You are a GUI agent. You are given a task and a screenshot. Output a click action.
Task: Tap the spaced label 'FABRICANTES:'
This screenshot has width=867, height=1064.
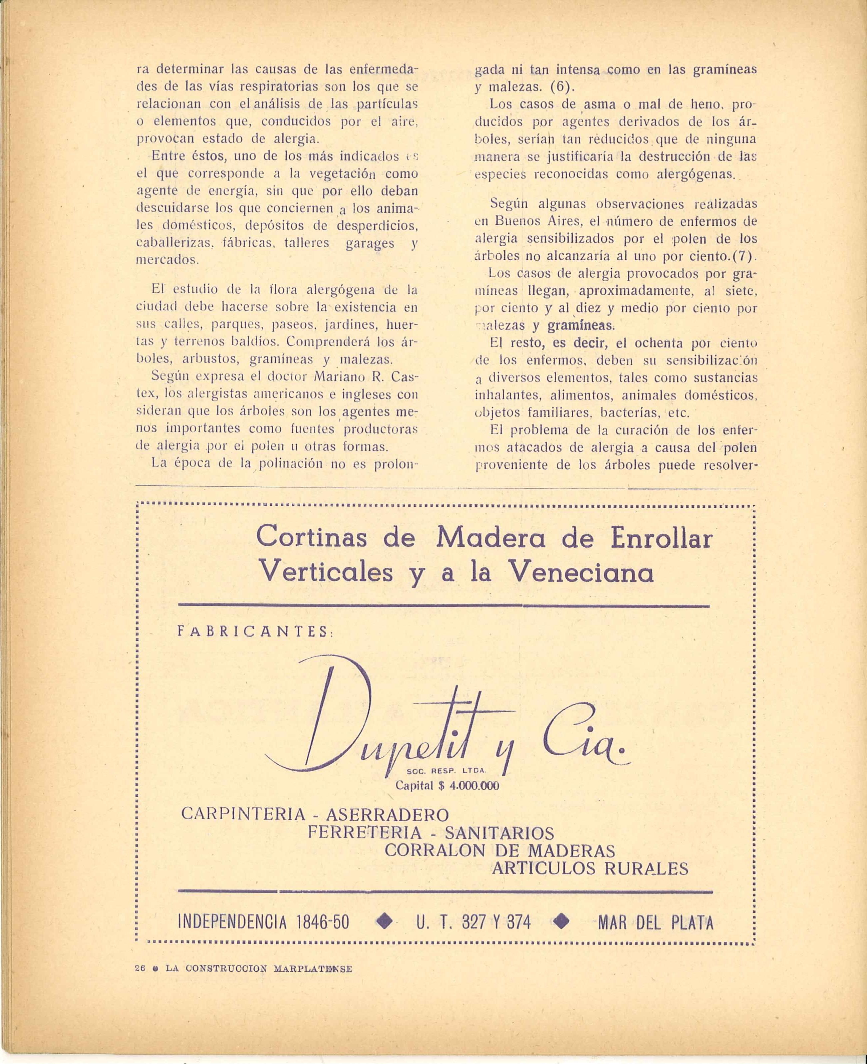pos(256,631)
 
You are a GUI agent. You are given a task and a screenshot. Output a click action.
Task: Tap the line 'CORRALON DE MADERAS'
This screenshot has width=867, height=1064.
pos(500,850)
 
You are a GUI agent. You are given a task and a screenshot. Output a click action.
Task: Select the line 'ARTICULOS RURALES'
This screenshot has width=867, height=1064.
pos(590,868)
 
